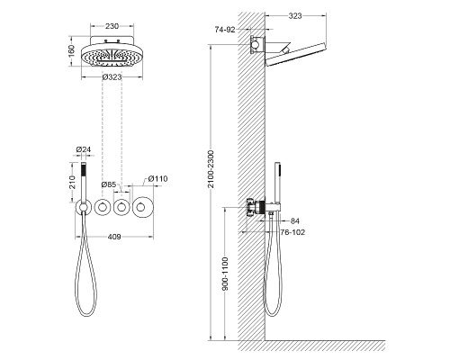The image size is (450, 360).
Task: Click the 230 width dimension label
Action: coord(112,26)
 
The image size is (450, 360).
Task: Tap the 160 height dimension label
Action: coord(71,51)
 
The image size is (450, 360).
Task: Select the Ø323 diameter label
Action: coord(112,77)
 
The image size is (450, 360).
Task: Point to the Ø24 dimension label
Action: coord(84,149)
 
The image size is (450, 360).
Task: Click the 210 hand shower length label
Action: coord(72,182)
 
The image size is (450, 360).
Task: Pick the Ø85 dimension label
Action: coord(109,184)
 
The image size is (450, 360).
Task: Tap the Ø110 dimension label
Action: coord(157,179)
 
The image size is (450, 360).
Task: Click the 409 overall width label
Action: coord(114,237)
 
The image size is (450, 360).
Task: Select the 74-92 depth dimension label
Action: coord(225,30)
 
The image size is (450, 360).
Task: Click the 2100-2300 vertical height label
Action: coord(211,169)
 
